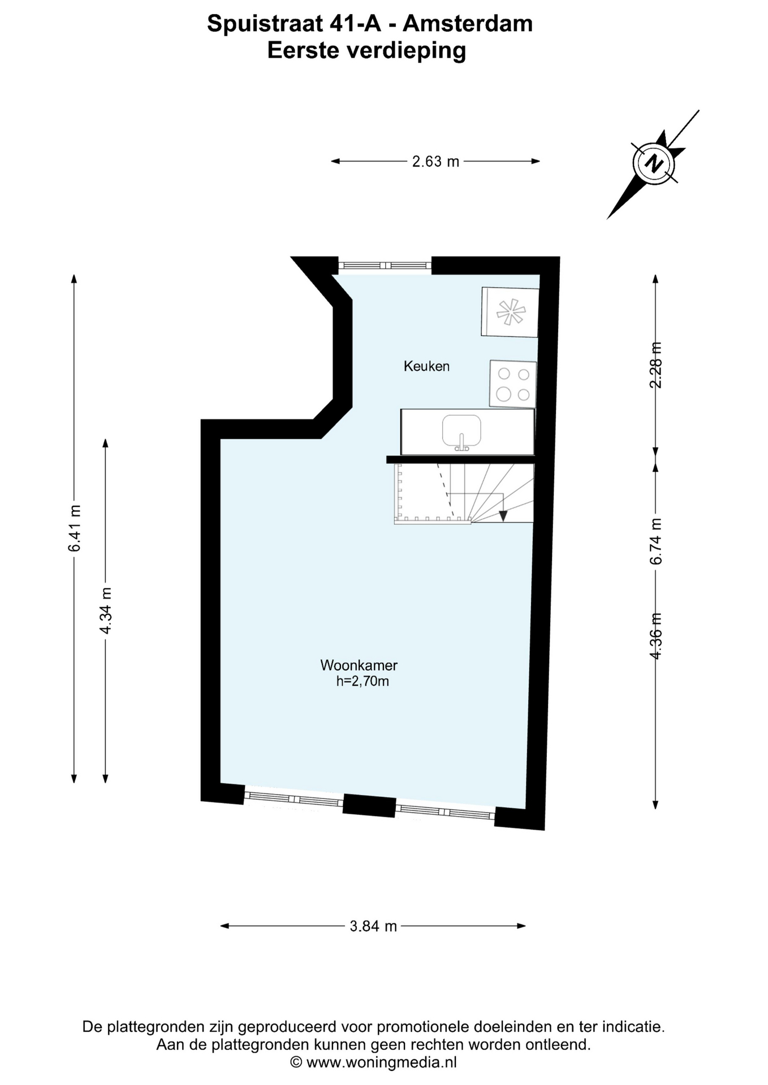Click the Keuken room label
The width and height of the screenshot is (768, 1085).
pos(426,366)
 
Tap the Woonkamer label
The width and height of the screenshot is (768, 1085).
pos(359,665)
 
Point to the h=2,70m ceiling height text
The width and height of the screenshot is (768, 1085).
pos(363,682)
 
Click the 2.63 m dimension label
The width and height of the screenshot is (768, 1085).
pos(435,162)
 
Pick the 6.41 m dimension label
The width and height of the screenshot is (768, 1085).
pos(74,528)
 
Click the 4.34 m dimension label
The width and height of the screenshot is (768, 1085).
pos(105,610)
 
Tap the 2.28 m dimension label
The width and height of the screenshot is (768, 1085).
pos(655,365)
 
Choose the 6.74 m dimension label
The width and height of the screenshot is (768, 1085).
pos(655,541)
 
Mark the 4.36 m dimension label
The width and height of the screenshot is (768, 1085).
pos(655,636)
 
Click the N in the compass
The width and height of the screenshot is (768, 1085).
pos(655,164)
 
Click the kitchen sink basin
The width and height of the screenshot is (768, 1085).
pos(461,432)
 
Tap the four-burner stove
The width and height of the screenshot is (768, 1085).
pos(513,384)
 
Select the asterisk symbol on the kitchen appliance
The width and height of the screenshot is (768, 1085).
pos(511,311)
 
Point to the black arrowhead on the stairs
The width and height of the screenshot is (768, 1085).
pos(503,515)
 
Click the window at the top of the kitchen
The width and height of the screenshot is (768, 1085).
pos(385,265)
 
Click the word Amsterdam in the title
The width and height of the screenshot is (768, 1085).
pos(468,24)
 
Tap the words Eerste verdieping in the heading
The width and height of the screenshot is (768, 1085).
pos(366,50)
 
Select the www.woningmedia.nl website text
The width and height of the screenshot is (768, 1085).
pos(381,1062)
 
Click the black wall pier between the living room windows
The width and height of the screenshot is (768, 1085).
pos(369,805)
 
